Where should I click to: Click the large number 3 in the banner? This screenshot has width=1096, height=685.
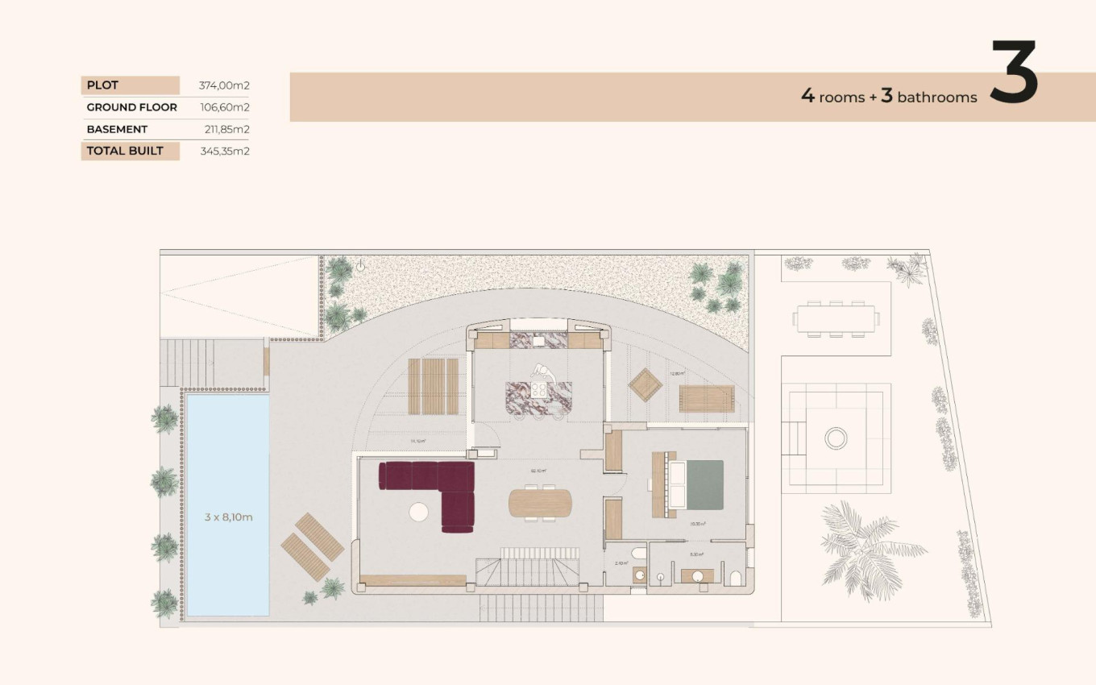coord(1014,74)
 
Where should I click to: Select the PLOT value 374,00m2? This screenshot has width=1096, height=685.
coord(224,85)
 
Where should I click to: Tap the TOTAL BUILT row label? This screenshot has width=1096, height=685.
coord(126,151)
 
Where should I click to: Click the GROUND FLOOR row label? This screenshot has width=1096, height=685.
coord(131,107)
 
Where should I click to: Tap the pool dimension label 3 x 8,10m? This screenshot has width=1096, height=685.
coord(228,517)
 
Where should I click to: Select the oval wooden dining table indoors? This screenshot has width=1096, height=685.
coord(538,503)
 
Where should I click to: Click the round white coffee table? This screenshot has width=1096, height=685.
coord(419,512)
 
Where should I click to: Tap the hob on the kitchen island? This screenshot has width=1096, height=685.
coord(538,390)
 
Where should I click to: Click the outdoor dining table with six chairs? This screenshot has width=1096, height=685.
coord(835,318)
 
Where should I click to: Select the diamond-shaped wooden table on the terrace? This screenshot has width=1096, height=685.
coord(646,385)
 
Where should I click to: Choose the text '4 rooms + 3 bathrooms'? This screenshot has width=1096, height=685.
coord(888,97)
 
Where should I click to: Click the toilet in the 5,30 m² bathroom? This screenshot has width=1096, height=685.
coord(735,577)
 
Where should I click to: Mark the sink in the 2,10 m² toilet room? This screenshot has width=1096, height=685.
coord(638,575)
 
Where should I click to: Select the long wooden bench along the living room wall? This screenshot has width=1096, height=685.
coord(413,580)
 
